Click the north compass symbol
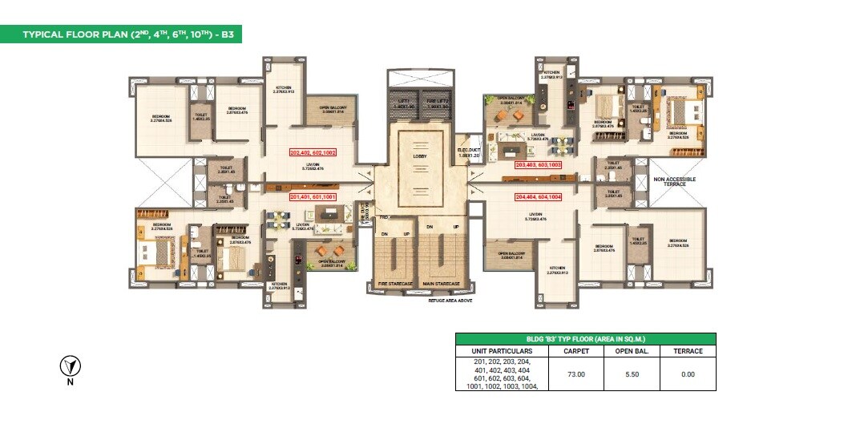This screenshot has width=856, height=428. pyautogui.click(x=71, y=367)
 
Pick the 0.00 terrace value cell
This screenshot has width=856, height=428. pyautogui.click(x=688, y=373)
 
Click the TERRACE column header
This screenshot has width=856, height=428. pyautogui.click(x=688, y=351)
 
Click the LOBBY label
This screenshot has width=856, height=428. pyautogui.click(x=420, y=156)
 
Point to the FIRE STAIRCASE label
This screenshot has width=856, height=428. pyautogui.click(x=396, y=283)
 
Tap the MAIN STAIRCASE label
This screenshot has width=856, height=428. pyautogui.click(x=441, y=283)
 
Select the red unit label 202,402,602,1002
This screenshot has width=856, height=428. pyautogui.click(x=313, y=151)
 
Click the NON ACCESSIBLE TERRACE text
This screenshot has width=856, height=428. pyautogui.click(x=674, y=182)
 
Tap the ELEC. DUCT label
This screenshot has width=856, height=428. pyautogui.click(x=467, y=150)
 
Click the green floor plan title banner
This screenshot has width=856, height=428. pyautogui.click(x=121, y=34)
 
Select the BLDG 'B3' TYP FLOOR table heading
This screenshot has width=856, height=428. pyautogui.click(x=585, y=339)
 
